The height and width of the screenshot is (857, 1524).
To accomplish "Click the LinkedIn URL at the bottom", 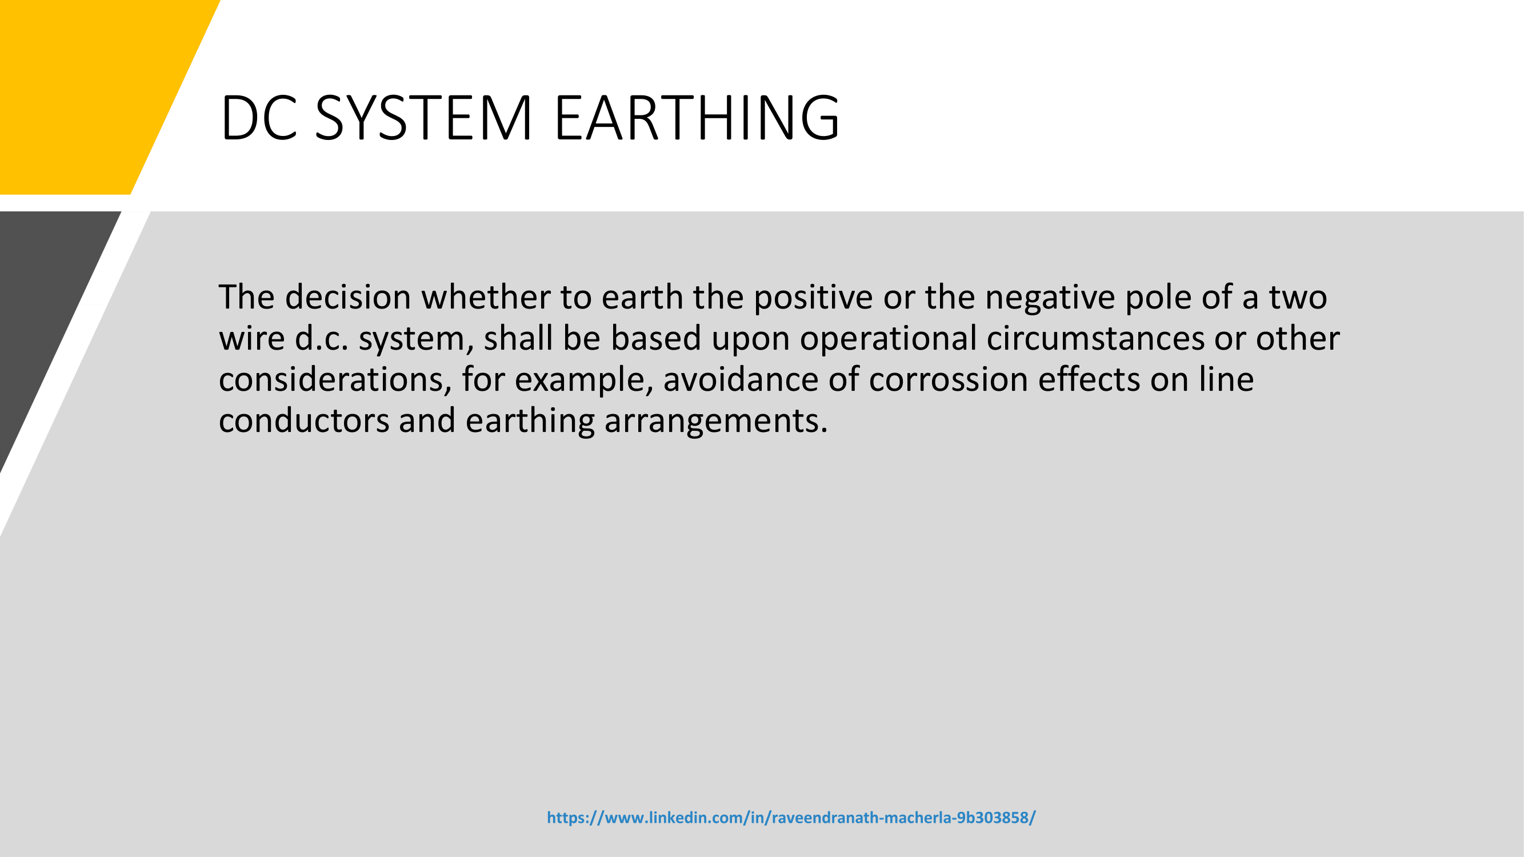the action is pyautogui.click(x=791, y=818).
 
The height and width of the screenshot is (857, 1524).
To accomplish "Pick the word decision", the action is pyautogui.click(x=348, y=297).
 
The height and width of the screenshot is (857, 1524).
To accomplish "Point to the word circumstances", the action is pyautogui.click(x=1095, y=338).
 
